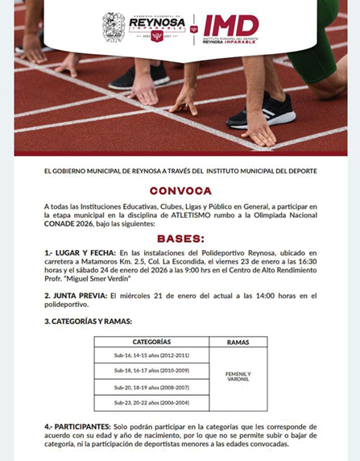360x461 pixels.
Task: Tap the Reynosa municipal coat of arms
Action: tap(113, 27)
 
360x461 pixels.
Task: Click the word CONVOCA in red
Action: tap(180, 191)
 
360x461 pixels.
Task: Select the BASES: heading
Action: tap(180, 239)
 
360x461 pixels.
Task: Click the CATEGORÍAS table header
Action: tap(151, 342)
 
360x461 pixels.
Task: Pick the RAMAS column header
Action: tap(238, 342)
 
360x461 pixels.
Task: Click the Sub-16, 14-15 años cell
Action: tap(151, 355)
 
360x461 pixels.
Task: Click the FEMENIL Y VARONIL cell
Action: tap(238, 377)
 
